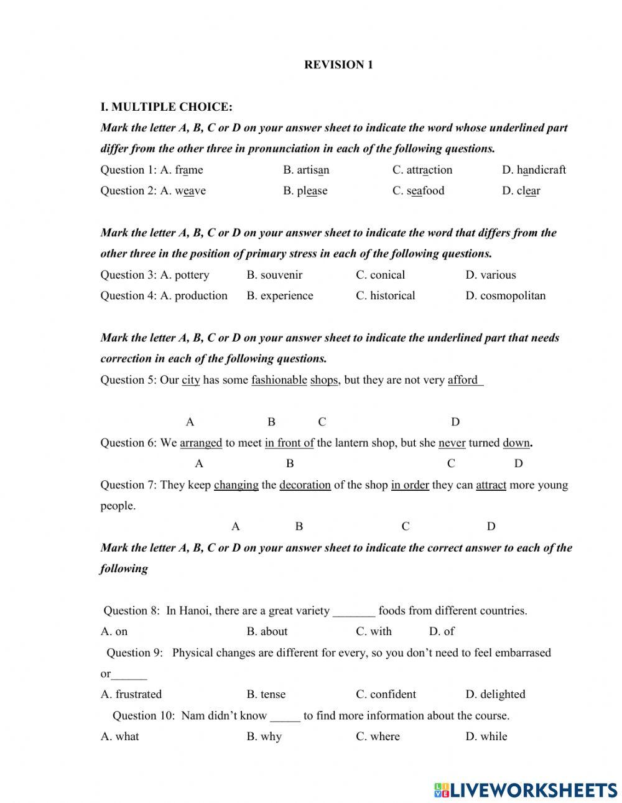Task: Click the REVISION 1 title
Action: click(x=338, y=65)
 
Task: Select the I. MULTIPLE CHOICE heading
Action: click(x=166, y=107)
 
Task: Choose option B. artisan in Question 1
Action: click(x=306, y=170)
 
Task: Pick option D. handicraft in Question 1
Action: click(x=534, y=170)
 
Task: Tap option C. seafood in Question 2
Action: click(x=418, y=191)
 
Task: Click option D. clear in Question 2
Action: click(x=521, y=191)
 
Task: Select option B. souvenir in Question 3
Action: click(x=274, y=275)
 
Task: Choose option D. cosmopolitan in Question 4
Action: click(x=505, y=295)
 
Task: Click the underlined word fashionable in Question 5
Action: click(x=279, y=380)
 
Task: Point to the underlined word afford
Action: click(x=463, y=380)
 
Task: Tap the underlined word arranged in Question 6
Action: click(x=201, y=443)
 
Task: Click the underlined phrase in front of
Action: click(x=289, y=443)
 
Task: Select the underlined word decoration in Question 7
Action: click(x=305, y=485)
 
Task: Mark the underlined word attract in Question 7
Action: click(x=491, y=485)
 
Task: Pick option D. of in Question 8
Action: click(x=441, y=631)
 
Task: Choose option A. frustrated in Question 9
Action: click(x=131, y=694)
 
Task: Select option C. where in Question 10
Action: click(x=378, y=736)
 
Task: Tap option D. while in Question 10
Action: click(x=486, y=736)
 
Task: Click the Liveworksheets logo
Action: click(x=525, y=789)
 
